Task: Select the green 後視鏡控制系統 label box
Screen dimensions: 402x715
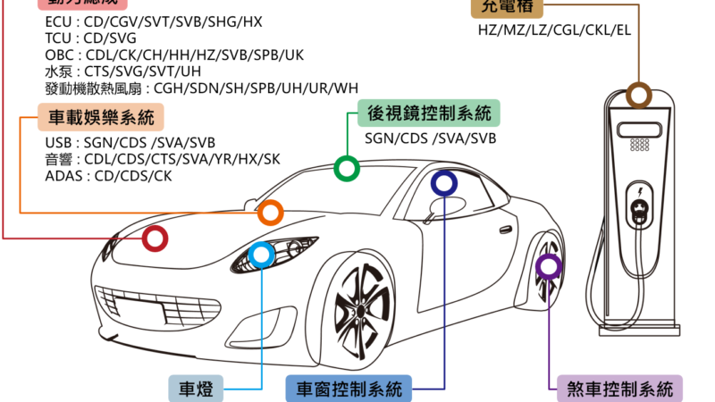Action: click(429, 113)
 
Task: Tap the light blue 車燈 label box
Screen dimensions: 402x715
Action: click(196, 389)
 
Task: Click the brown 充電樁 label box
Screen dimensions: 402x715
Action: click(508, 7)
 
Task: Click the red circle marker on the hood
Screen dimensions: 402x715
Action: click(156, 239)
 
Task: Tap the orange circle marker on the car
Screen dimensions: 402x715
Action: click(270, 214)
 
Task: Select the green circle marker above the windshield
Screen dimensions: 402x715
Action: click(346, 168)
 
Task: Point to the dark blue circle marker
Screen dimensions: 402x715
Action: click(443, 183)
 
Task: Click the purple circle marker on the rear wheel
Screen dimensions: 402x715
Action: click(548, 265)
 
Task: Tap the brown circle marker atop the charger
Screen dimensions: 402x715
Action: click(638, 95)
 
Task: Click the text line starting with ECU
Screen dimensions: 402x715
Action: click(153, 21)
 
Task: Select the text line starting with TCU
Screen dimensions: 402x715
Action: click(90, 38)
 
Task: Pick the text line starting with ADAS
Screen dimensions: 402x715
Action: click(108, 176)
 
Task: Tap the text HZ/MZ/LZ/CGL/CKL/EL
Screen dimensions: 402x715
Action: click(554, 29)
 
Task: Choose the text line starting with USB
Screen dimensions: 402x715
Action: click(130, 143)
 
